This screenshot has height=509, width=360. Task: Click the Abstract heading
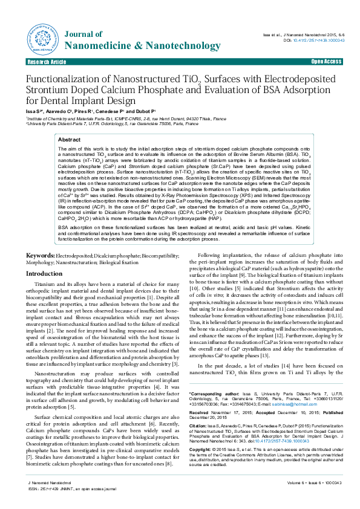68,140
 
